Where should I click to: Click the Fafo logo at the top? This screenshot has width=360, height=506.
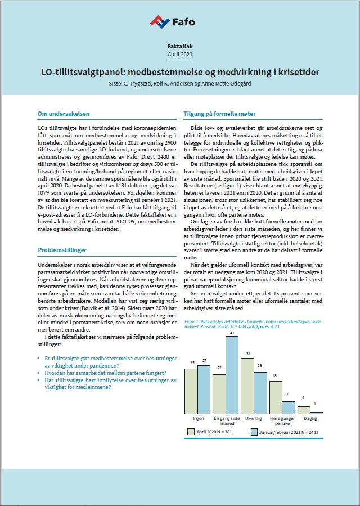pos(172,21)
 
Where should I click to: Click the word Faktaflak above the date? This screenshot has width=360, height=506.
pos(179,45)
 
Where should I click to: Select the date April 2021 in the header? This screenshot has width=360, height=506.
pos(179,54)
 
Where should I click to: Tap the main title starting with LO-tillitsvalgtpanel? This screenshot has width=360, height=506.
pos(180,73)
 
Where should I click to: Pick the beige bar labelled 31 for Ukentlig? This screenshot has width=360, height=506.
pos(246,386)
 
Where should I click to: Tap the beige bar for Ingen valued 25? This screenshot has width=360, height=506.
pos(191,391)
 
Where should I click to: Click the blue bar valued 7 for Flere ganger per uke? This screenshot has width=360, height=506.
pos(289,408)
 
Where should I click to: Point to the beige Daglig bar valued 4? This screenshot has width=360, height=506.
pos(304,410)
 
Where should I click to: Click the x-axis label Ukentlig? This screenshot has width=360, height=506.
pos(254,419)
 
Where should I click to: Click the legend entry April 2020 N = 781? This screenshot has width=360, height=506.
pos(210,432)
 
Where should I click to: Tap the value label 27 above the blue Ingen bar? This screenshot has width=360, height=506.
pos(204,361)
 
